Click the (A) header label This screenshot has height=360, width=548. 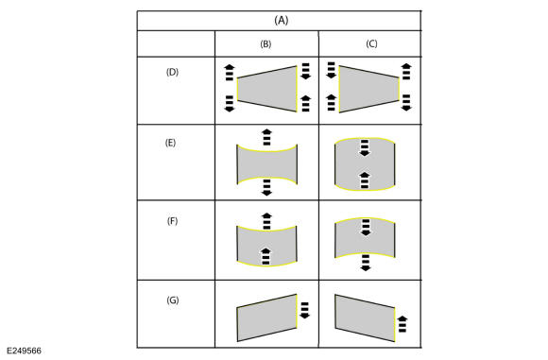click(282, 20)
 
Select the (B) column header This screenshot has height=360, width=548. click(265, 44)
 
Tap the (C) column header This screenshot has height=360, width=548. click(371, 43)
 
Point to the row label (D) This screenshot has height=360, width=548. click(172, 72)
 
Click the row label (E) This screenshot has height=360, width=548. click(170, 143)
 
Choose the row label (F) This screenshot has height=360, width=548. click(172, 221)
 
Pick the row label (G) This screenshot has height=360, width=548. click(173, 300)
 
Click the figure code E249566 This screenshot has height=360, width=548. click(24, 351)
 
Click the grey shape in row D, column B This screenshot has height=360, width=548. click(267, 89)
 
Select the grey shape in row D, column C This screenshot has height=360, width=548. click(369, 89)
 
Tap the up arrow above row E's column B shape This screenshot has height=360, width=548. click(266, 137)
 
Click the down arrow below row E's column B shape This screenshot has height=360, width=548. click(266, 187)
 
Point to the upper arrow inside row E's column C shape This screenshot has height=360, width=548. click(365, 147)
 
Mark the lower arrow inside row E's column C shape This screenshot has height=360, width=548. click(365, 180)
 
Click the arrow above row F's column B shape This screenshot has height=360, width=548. click(266, 221)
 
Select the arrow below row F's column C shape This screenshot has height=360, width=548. click(366, 263)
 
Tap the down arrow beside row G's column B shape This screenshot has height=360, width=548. click(305, 310)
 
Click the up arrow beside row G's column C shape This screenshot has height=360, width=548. click(402, 324)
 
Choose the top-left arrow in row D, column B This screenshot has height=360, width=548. click(230, 73)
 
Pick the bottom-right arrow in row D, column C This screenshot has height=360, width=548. click(406, 103)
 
